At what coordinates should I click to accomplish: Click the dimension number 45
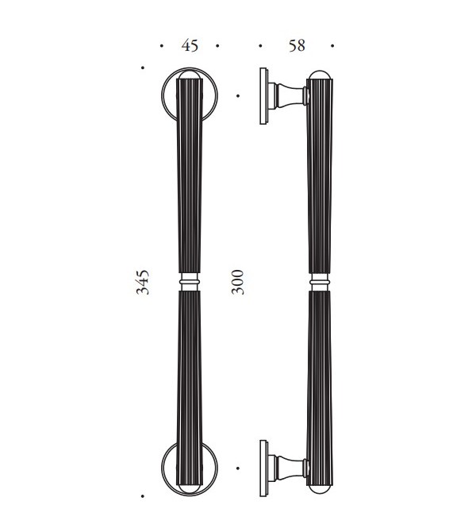coord(190,45)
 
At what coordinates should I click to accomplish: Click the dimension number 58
coord(297,45)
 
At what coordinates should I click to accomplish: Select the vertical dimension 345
coord(142,282)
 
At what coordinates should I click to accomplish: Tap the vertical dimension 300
coord(238,282)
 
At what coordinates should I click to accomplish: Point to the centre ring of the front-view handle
coord(190,282)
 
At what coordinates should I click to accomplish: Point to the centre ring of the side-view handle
coord(320,282)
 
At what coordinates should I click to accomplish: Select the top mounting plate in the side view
coord(263,96)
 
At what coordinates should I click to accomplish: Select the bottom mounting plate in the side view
coord(263,468)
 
